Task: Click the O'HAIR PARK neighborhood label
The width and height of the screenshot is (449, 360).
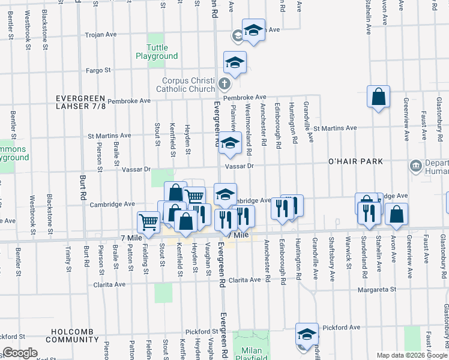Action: pyautogui.click(x=355, y=162)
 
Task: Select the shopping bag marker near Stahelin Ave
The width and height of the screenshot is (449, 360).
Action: pyautogui.click(x=379, y=97)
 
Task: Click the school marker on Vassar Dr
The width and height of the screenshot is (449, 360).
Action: pyautogui.click(x=229, y=143)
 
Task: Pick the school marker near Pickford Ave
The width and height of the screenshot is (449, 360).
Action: pyautogui.click(x=307, y=334)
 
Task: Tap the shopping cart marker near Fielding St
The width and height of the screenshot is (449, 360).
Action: pyautogui.click(x=148, y=222)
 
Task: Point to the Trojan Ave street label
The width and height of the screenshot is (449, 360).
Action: pyautogui.click(x=101, y=35)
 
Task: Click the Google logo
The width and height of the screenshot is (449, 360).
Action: pyautogui.click(x=20, y=353)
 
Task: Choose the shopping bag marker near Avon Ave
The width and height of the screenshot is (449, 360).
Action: pyautogui.click(x=396, y=214)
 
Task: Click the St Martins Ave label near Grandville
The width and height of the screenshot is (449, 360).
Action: pyautogui.click(x=334, y=128)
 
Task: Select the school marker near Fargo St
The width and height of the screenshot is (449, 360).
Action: pyautogui.click(x=235, y=62)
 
